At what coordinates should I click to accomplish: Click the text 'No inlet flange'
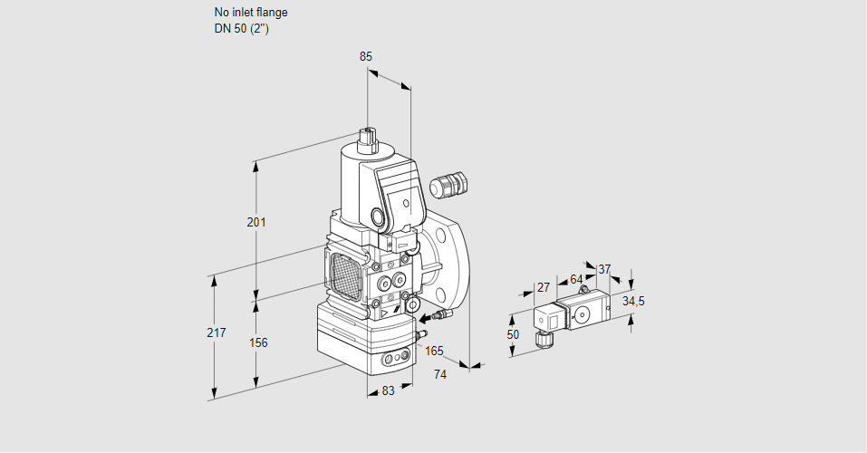tap(251, 13)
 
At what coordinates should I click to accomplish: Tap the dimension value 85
tap(366, 56)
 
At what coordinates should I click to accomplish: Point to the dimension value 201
tap(256, 223)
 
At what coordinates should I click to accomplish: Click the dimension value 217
tap(216, 333)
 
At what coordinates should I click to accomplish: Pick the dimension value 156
tap(258, 342)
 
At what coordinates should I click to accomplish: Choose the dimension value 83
tap(387, 390)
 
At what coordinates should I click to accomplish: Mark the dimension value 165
tap(434, 351)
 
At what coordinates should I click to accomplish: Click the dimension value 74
tap(440, 373)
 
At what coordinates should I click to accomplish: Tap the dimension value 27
tap(544, 288)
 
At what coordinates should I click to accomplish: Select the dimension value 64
tap(576, 280)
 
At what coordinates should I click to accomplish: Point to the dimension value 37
tap(604, 269)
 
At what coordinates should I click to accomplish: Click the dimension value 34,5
tap(633, 301)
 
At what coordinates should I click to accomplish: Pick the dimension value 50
tap(513, 334)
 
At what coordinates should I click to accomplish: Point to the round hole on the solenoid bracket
tap(377, 217)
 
